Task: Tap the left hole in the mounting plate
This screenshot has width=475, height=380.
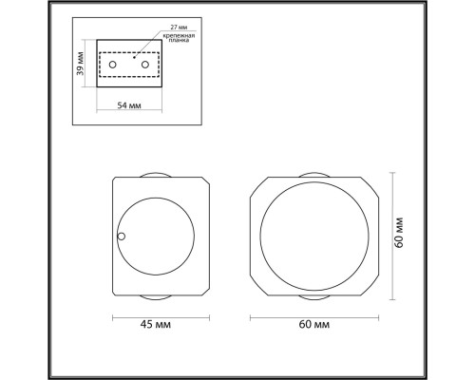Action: [113, 64]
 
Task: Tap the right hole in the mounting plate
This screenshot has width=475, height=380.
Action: [147, 64]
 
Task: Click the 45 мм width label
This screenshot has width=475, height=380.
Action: [160, 326]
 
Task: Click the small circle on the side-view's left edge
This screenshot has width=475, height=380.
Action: [121, 236]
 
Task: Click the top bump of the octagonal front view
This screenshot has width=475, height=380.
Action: [314, 172]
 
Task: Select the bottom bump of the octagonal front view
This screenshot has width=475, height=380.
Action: [314, 297]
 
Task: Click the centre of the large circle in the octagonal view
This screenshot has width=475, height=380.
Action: [314, 235]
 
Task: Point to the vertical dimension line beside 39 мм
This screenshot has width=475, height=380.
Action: [91, 64]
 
